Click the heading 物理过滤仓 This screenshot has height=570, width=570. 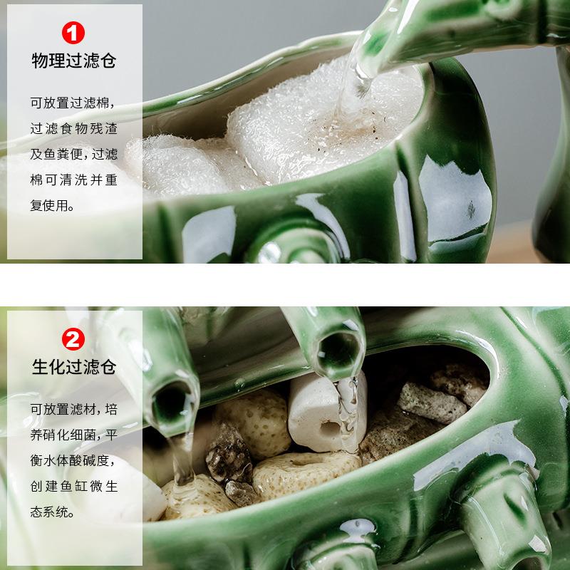point(74,61)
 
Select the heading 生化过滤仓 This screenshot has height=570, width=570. point(74,368)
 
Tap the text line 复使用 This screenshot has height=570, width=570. point(53,206)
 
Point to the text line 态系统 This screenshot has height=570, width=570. point(53,512)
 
